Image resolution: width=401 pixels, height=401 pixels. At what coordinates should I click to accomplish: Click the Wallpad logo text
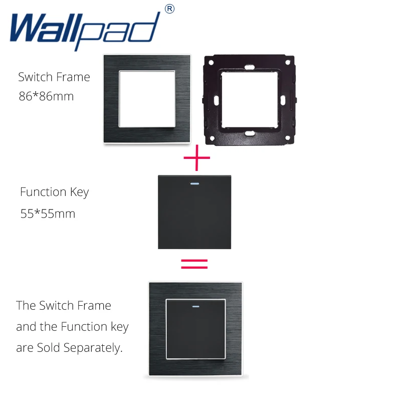click(85, 29)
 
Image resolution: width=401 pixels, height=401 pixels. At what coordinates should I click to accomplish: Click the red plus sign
click(196, 160)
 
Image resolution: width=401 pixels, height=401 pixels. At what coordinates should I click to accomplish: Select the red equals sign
click(193, 264)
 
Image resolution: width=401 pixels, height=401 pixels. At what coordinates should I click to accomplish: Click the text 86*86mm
click(46, 96)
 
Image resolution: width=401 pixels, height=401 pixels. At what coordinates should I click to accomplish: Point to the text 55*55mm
click(48, 214)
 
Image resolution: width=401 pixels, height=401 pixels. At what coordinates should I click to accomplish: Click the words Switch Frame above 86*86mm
click(54, 77)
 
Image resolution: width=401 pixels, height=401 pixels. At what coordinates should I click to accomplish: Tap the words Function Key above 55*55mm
click(54, 192)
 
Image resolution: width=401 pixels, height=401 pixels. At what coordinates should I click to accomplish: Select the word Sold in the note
click(50, 348)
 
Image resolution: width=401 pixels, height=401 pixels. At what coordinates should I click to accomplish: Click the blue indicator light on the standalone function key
click(194, 182)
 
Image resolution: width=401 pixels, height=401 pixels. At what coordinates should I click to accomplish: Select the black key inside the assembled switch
click(196, 331)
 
